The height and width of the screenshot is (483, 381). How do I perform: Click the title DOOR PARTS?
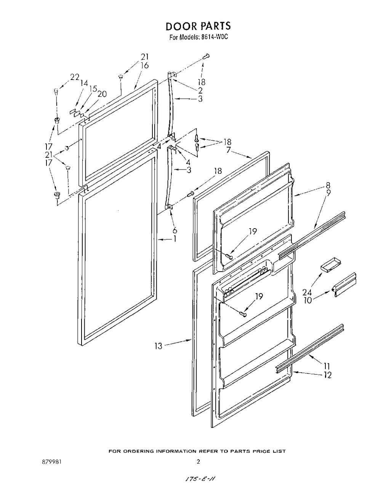click(x=198, y=26)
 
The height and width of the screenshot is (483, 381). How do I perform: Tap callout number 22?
click(x=75, y=77)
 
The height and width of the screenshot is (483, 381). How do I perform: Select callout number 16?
click(x=144, y=65)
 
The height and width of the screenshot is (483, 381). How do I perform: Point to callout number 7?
click(x=229, y=149)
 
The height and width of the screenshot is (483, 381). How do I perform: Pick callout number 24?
click(x=307, y=292)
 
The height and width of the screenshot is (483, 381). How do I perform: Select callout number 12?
click(x=327, y=375)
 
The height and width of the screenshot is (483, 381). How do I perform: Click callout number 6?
click(x=175, y=230)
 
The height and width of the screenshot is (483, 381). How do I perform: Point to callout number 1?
click(x=174, y=239)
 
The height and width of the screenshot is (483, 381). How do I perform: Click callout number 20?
click(x=102, y=94)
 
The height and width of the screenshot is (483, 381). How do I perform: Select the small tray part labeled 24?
click(x=330, y=265)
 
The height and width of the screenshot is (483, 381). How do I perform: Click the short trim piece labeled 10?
click(x=344, y=285)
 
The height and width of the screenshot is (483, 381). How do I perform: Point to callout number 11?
click(x=327, y=366)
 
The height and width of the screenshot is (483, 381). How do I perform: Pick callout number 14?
click(x=84, y=83)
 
